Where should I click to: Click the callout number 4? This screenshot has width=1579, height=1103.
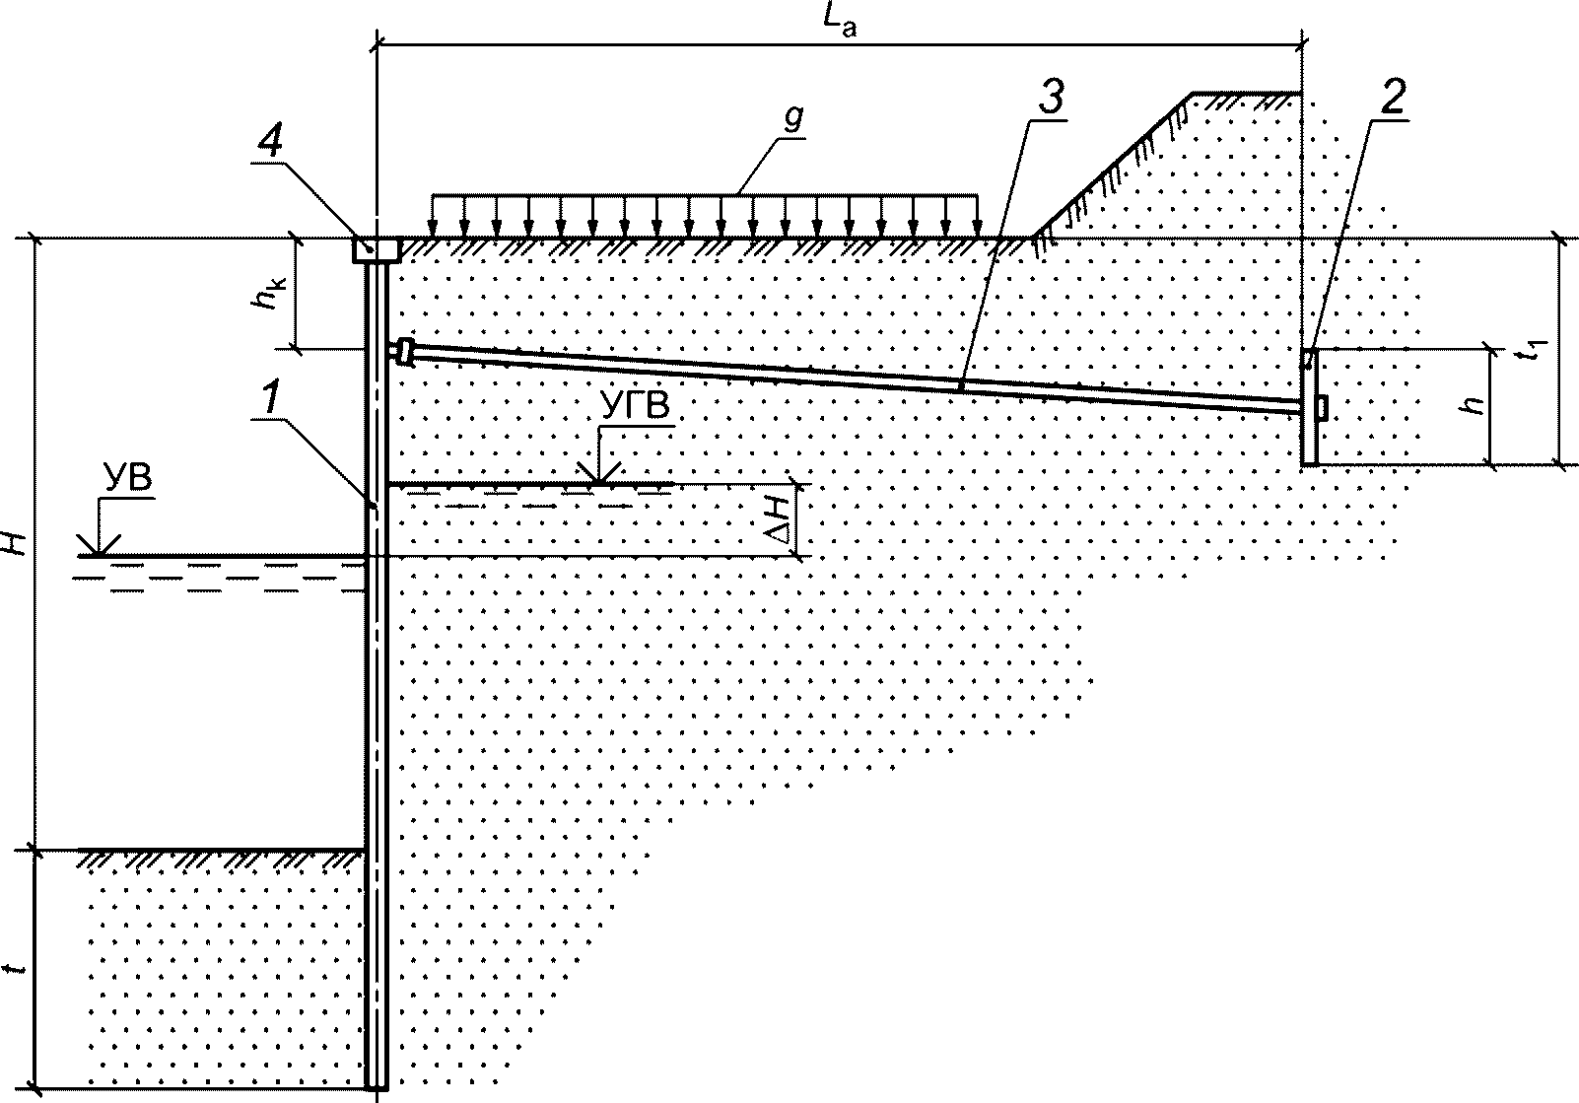(269, 145)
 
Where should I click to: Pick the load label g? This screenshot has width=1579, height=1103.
(794, 116)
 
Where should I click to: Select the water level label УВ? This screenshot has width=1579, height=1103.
(127, 480)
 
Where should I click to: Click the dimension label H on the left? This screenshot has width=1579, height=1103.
(14, 540)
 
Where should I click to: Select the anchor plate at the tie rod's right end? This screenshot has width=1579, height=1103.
(1309, 406)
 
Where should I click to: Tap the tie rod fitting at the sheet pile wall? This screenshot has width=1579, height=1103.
(402, 350)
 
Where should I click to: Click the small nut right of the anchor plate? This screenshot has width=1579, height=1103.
(1323, 406)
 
